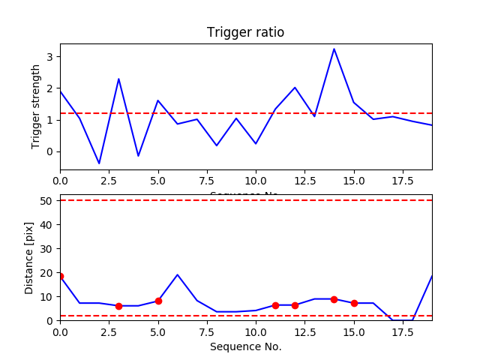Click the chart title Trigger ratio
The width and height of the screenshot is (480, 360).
[245, 33]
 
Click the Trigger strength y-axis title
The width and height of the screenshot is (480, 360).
[36, 106]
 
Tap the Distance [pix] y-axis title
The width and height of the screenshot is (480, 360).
[30, 257]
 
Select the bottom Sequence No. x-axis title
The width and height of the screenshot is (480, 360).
[245, 346]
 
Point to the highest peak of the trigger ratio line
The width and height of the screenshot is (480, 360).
[334, 49]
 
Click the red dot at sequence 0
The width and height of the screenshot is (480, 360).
[60, 276]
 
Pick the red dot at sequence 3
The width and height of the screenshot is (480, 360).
[118, 306]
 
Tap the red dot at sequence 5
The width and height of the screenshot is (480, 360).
[158, 301]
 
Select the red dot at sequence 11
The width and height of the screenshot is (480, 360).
[275, 305]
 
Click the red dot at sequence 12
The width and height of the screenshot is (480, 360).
[295, 305]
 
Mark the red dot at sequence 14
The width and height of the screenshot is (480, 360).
[334, 299]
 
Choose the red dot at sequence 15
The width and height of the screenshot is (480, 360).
[354, 303]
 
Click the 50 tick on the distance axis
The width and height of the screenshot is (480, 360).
[50, 200]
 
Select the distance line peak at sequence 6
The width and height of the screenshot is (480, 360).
[178, 274]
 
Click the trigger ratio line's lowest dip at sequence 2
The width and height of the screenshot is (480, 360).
[99, 163]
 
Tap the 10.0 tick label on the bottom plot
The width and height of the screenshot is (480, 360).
[256, 331]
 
